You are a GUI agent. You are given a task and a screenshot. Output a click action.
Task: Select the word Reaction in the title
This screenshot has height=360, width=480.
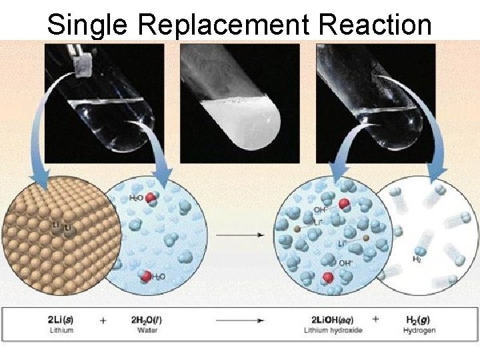375,25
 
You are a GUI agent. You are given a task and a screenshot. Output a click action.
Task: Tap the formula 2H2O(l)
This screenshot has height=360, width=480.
147,319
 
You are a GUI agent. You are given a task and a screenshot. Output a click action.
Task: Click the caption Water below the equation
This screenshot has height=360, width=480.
147,331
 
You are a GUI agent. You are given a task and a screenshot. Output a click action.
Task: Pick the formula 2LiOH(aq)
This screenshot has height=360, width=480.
328,319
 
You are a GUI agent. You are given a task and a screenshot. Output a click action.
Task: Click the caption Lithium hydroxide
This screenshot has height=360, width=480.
328,331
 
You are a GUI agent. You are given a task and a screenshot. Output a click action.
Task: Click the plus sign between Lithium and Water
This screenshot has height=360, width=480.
103,320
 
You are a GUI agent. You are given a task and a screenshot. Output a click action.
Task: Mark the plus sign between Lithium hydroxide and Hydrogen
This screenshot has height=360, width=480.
375,319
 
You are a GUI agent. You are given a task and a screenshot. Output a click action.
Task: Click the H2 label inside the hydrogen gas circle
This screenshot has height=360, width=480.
417,259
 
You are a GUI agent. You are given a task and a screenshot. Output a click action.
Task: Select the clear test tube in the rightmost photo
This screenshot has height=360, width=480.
373,100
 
